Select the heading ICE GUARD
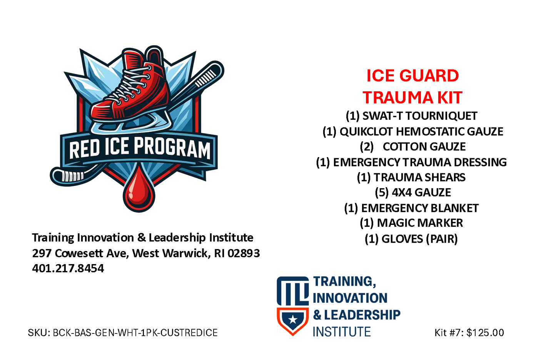coord(412,75)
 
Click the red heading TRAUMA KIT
coord(412,97)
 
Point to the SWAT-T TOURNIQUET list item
coord(411,116)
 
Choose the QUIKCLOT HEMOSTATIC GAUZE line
coord(412,132)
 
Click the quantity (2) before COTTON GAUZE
coord(366,147)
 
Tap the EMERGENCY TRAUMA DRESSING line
coord(411,162)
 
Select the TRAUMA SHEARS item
coord(411,177)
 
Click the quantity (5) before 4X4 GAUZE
coord(381,193)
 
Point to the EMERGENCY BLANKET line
coord(411,208)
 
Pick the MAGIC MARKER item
coord(411,223)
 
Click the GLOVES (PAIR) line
coord(411,239)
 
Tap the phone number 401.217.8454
coord(68,268)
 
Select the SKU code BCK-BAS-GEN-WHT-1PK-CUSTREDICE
coord(135,333)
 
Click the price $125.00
coord(485,333)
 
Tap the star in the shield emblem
coord(293,319)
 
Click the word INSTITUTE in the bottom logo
coord(342,332)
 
